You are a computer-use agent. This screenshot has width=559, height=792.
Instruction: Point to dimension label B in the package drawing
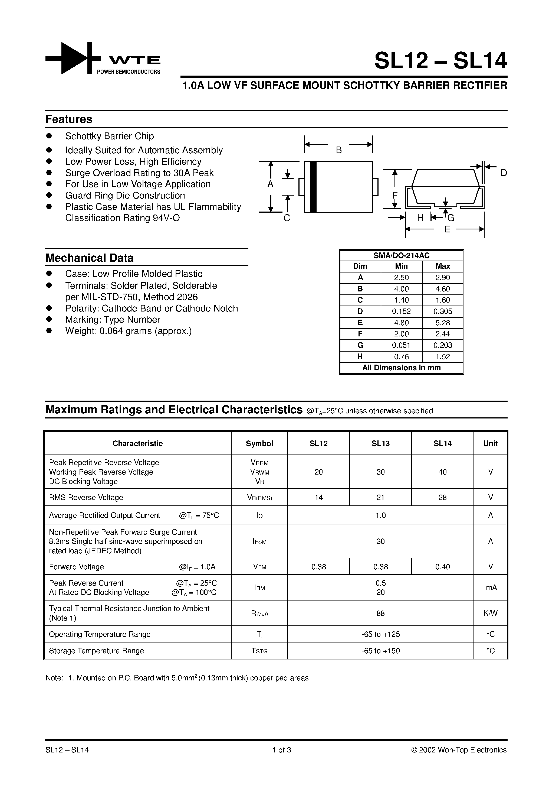tap(338, 150)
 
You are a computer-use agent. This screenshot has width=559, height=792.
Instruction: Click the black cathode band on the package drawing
tap(313, 187)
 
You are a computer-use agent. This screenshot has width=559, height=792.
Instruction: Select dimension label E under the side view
tap(447, 229)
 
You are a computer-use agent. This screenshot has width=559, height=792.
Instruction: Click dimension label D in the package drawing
tap(504, 173)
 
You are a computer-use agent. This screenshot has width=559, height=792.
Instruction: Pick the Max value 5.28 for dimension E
tap(442, 323)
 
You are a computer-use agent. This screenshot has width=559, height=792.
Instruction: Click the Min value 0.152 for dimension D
tap(401, 311)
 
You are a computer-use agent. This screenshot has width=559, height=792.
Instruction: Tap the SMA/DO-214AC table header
tap(401, 256)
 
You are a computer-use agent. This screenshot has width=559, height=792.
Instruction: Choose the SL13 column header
tap(380, 444)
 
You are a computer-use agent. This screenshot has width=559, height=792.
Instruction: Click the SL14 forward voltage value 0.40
tap(442, 567)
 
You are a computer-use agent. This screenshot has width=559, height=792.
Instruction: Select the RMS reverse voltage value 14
tap(318, 497)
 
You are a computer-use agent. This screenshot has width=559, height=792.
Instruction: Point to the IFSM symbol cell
tap(259, 541)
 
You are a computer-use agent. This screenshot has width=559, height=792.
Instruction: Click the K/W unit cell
tap(490, 613)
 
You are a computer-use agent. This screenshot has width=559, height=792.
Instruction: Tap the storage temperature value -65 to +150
tap(380, 651)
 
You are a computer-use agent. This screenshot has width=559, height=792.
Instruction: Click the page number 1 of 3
tap(282, 750)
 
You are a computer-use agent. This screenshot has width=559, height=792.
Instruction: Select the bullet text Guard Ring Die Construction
tap(125, 196)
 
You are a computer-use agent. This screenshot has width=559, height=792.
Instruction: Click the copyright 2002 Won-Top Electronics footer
tap(459, 750)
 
